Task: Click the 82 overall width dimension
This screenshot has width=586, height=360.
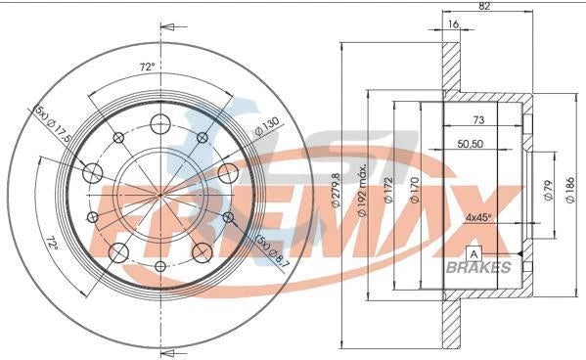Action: click(x=484, y=6)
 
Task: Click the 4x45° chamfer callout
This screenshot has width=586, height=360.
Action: click(x=478, y=216)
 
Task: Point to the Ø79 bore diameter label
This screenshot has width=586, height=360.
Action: click(x=547, y=185)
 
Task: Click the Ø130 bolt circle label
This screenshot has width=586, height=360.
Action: click(x=265, y=127)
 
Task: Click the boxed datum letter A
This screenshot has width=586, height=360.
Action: click(x=474, y=254)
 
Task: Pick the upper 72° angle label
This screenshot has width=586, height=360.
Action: click(x=148, y=68)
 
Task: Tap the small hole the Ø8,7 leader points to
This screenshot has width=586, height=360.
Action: click(x=229, y=217)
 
